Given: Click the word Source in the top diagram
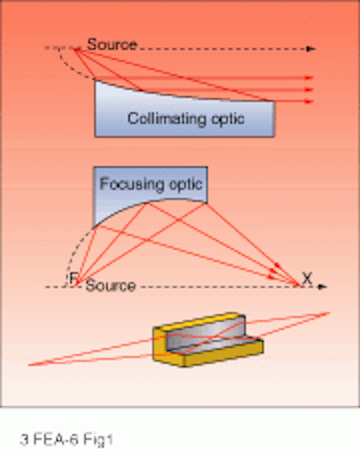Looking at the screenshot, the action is (112, 44).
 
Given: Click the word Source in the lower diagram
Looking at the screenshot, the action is (110, 286).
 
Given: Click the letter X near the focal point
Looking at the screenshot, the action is (307, 279).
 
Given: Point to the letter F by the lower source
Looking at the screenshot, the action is (73, 279).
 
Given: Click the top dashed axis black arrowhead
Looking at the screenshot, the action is (312, 49).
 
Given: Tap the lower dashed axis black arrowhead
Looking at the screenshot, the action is (323, 286).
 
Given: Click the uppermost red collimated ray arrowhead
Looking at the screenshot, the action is (309, 78).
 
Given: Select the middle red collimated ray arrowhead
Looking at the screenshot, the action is (309, 90).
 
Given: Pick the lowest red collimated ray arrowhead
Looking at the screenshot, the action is (309, 101).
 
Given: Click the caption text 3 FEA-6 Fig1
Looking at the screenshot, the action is (66, 440).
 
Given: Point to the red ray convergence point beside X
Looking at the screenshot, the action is (298, 285).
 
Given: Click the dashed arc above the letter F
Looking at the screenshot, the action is (76, 249).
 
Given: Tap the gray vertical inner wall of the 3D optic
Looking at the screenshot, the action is (205, 334).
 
